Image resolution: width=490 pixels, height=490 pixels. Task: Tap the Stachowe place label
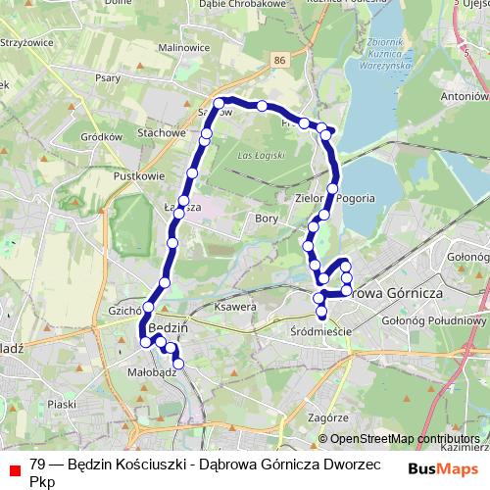[162, 132]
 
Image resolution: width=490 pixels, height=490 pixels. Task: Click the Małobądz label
[153, 372]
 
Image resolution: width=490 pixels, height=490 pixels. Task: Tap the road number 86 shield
[282, 62]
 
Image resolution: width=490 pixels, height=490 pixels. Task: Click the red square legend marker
[14, 466]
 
